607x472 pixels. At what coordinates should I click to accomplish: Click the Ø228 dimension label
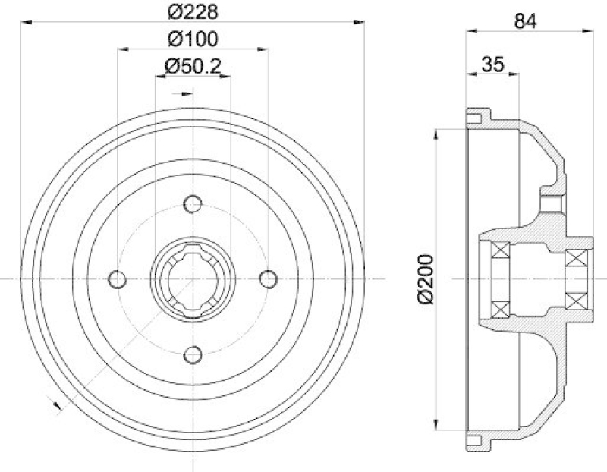[x=192, y=12]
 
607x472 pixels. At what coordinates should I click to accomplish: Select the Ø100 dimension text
[x=192, y=38]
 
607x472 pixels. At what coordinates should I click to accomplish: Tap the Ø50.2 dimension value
[x=192, y=66]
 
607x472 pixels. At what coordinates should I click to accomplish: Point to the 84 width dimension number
[x=525, y=21]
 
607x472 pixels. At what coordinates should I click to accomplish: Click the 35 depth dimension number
[x=493, y=65]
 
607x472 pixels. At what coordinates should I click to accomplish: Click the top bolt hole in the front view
[x=193, y=205]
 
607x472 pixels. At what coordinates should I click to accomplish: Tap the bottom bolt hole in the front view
[x=193, y=354]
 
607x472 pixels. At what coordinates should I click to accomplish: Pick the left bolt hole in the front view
[x=117, y=279]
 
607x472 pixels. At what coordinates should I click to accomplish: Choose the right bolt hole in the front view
[x=267, y=279]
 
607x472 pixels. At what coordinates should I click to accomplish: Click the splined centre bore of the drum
[x=193, y=279]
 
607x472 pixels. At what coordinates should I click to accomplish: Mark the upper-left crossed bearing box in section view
[x=500, y=250]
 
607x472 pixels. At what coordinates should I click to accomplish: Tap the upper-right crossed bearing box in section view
[x=578, y=259]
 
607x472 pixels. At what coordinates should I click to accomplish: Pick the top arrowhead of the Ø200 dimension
[x=436, y=134]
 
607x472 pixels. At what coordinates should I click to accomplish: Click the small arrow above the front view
[x=184, y=94]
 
